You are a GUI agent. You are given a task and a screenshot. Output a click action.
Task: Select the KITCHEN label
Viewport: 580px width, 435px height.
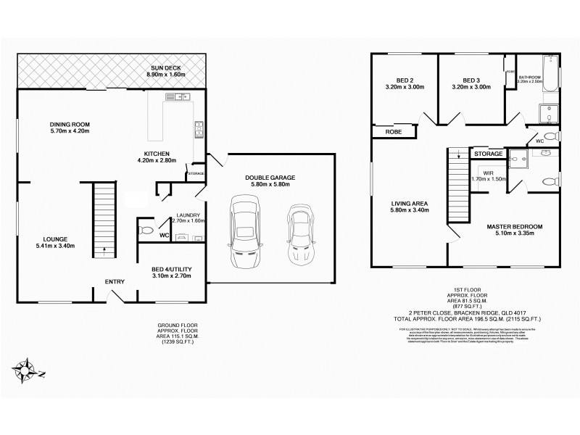[x=157, y=154]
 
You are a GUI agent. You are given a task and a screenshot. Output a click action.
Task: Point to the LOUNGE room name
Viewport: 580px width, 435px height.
[x=55, y=239]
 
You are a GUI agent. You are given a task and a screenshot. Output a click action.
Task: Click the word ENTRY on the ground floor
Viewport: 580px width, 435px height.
[x=114, y=281]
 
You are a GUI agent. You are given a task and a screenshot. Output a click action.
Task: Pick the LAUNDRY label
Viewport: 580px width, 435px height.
[x=188, y=215]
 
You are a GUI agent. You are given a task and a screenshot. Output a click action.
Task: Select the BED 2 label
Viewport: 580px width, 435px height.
[x=405, y=80]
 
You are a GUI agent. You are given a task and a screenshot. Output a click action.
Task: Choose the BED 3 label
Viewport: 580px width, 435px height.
[x=472, y=80]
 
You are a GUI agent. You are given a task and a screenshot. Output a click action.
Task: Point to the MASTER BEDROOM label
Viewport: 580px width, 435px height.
[x=514, y=227]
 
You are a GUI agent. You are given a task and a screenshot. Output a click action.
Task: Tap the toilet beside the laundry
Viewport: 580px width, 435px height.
[x=146, y=231]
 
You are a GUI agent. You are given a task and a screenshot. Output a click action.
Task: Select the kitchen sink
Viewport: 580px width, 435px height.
[x=176, y=96]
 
